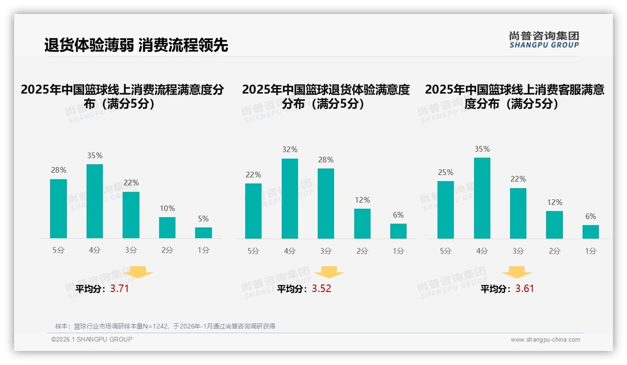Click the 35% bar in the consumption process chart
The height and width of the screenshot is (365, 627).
[95, 201]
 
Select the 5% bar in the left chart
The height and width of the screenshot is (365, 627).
[204, 233]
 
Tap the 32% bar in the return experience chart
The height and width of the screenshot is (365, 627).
[290, 198]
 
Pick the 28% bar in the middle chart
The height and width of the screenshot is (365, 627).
[326, 204]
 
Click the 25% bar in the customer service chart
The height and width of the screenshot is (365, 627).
[445, 210]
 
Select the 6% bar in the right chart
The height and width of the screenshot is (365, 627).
[591, 232]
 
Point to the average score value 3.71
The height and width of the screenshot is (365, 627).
[119, 289]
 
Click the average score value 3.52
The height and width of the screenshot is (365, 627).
[321, 289]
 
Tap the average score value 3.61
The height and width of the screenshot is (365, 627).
[525, 289]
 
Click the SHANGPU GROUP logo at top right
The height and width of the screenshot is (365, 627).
[544, 40]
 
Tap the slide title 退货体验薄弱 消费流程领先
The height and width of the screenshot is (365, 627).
[136, 45]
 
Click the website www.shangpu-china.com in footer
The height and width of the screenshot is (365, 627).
[545, 340]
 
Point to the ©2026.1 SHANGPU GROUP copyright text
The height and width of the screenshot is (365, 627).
[92, 339]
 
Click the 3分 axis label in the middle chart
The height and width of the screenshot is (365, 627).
[326, 251]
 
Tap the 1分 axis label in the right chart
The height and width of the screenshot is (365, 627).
[591, 251]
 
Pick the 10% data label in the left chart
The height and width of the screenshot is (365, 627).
[167, 209]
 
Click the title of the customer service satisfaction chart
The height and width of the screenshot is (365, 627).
[514, 96]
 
